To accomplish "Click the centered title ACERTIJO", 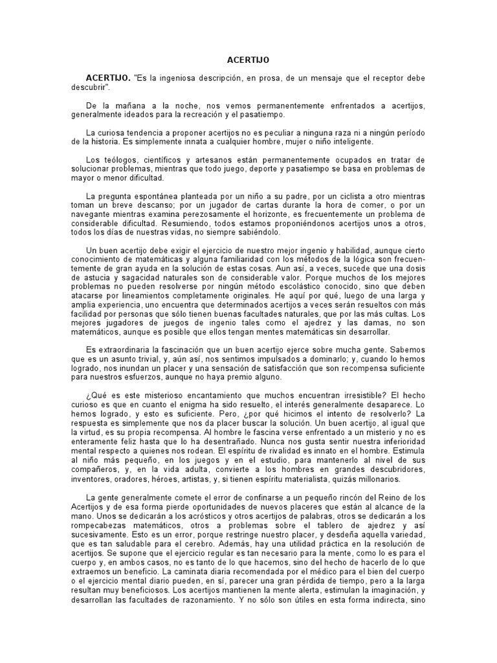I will [248, 59].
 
